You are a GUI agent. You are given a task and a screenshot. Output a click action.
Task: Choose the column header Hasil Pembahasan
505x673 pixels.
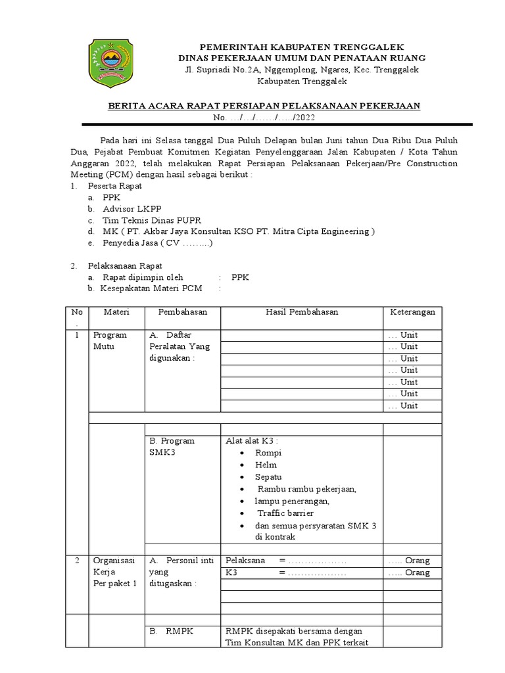302,312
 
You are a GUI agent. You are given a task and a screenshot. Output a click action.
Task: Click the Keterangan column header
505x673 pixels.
413,312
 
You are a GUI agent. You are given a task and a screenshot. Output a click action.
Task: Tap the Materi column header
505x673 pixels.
117,312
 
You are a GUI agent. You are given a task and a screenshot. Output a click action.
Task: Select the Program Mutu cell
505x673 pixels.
110,341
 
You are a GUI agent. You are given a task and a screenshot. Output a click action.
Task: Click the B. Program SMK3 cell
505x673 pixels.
172,447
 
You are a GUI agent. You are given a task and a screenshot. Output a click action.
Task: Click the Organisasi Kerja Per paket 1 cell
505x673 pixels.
114,572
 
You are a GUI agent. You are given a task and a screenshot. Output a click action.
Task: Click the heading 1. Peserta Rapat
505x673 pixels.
110,186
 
